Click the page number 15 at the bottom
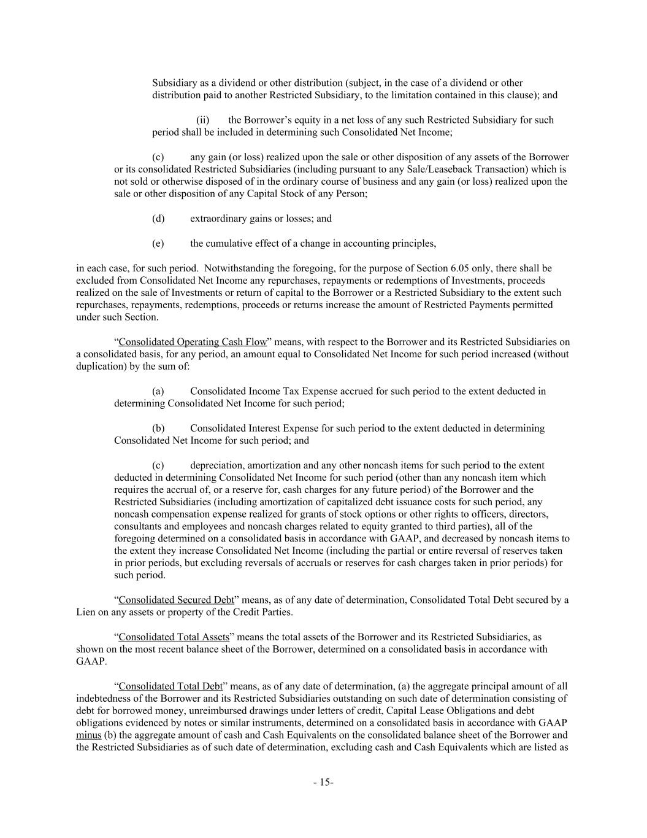coord(323,782)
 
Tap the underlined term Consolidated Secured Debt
coord(176,600)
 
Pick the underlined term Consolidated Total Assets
coord(174,637)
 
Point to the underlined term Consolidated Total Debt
coord(170,686)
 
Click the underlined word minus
coord(89,735)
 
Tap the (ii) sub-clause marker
coord(203,120)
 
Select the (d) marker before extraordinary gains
coord(158,219)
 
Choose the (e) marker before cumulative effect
coord(158,243)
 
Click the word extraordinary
coord(216,219)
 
